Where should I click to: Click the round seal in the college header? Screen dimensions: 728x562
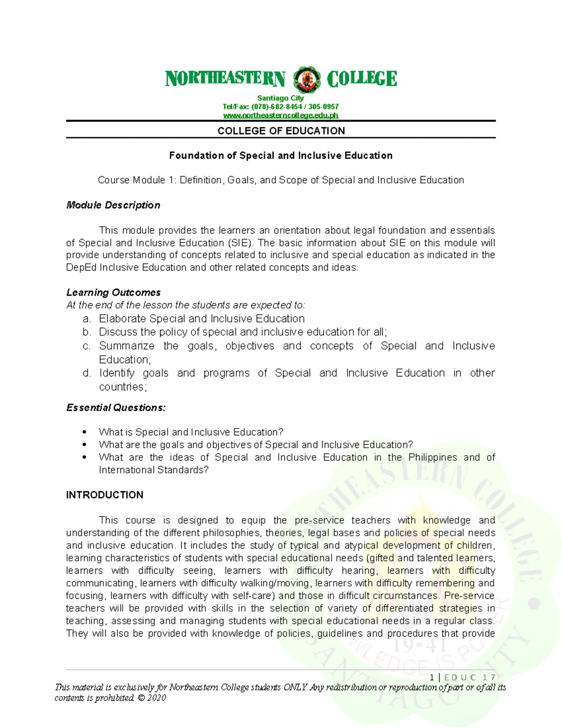[x=306, y=79]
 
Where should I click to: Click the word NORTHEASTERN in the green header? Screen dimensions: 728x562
[x=225, y=79]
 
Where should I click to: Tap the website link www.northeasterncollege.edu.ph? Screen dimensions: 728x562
[x=281, y=115]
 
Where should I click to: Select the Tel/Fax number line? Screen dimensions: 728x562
[x=281, y=106]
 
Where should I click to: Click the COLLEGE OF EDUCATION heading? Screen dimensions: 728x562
[x=281, y=131]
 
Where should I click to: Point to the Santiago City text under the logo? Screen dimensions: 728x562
[x=281, y=98]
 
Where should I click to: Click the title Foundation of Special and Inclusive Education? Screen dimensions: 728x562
[x=281, y=156]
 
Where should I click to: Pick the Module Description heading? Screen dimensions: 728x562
[x=113, y=205]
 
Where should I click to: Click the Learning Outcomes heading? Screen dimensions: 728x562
[x=113, y=293]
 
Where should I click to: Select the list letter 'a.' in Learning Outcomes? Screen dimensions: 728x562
[x=86, y=319]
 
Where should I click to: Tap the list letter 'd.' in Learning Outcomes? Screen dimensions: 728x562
[x=86, y=373]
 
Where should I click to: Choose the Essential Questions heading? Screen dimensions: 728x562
[x=116, y=408]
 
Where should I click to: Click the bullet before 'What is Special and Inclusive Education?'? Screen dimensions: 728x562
[x=84, y=432]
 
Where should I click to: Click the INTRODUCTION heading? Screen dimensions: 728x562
[x=104, y=495]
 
